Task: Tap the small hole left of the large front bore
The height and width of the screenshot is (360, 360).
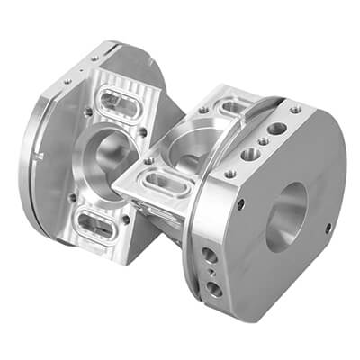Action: pos(239,203)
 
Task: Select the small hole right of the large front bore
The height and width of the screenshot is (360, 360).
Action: pos(328,227)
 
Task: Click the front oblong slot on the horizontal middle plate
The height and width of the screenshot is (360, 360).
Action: pos(162,183)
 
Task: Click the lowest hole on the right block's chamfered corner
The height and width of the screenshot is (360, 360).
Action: pos(214,288)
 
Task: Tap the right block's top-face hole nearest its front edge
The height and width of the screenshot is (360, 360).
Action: pos(229,173)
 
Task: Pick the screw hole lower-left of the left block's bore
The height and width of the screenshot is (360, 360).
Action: pos(73,197)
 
